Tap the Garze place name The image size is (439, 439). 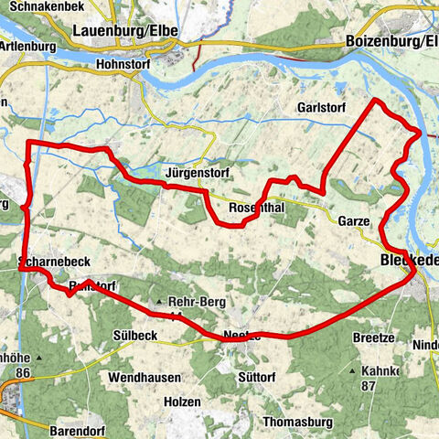tap(353, 221)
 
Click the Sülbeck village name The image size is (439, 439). tap(136, 336)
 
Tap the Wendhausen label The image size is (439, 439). tap(145, 376)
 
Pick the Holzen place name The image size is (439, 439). tap(182, 400)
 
